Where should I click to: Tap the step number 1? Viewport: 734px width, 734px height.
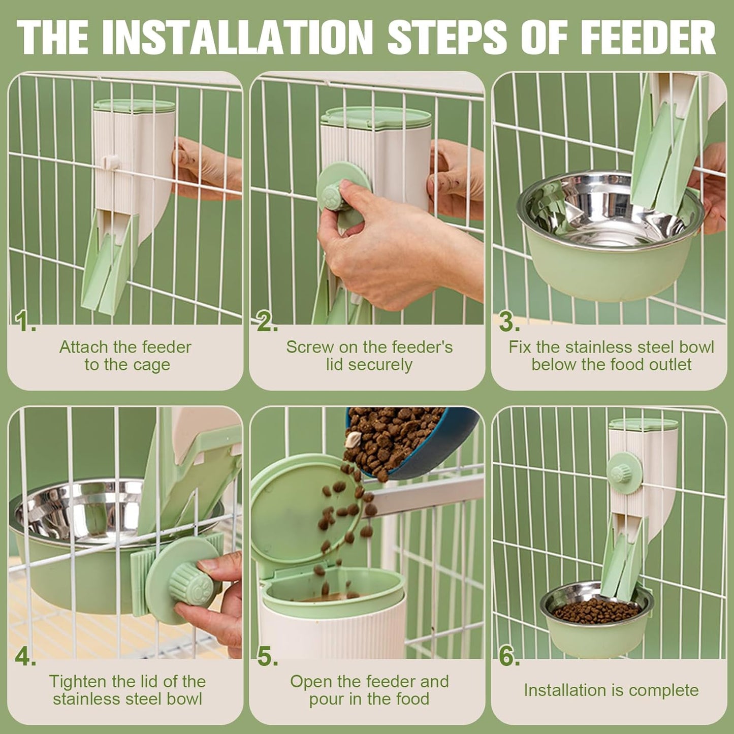point(24,322)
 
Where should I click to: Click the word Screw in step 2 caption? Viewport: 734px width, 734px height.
point(306,347)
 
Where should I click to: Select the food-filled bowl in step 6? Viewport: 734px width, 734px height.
point(596,612)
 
